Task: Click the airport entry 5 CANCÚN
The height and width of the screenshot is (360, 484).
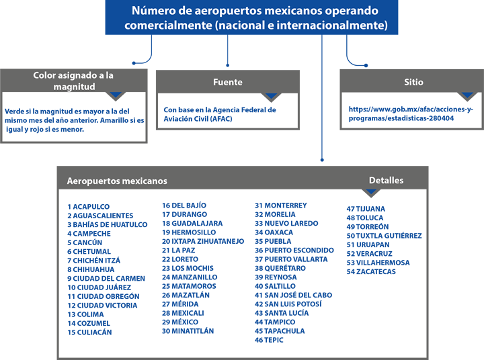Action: point(85,242)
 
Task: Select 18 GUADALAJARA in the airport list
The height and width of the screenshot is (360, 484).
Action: point(192,224)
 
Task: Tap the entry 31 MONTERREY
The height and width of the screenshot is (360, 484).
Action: point(281,206)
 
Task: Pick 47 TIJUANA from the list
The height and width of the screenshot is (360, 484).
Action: point(366,209)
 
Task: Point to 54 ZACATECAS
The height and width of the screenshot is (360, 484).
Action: point(371,271)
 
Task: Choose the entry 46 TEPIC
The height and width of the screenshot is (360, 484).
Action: point(269,340)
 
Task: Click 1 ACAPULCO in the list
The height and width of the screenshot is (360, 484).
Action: point(89,207)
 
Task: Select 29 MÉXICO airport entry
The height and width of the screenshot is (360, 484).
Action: point(180,322)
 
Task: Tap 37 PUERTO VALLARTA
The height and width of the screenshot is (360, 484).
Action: point(291,259)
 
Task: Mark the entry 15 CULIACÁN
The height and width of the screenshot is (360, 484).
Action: point(89,332)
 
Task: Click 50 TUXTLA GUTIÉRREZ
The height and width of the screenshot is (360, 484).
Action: point(384,236)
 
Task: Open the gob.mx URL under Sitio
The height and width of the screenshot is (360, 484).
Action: point(411,114)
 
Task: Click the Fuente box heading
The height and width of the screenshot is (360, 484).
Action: point(228,82)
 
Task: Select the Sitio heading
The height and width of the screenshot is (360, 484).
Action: point(413,82)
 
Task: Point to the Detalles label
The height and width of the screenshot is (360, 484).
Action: point(386,181)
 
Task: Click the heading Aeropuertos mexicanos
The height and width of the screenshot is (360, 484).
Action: point(117,181)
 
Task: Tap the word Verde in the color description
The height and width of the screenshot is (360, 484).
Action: point(14,111)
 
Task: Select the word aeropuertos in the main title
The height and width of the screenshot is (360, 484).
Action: point(229,11)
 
